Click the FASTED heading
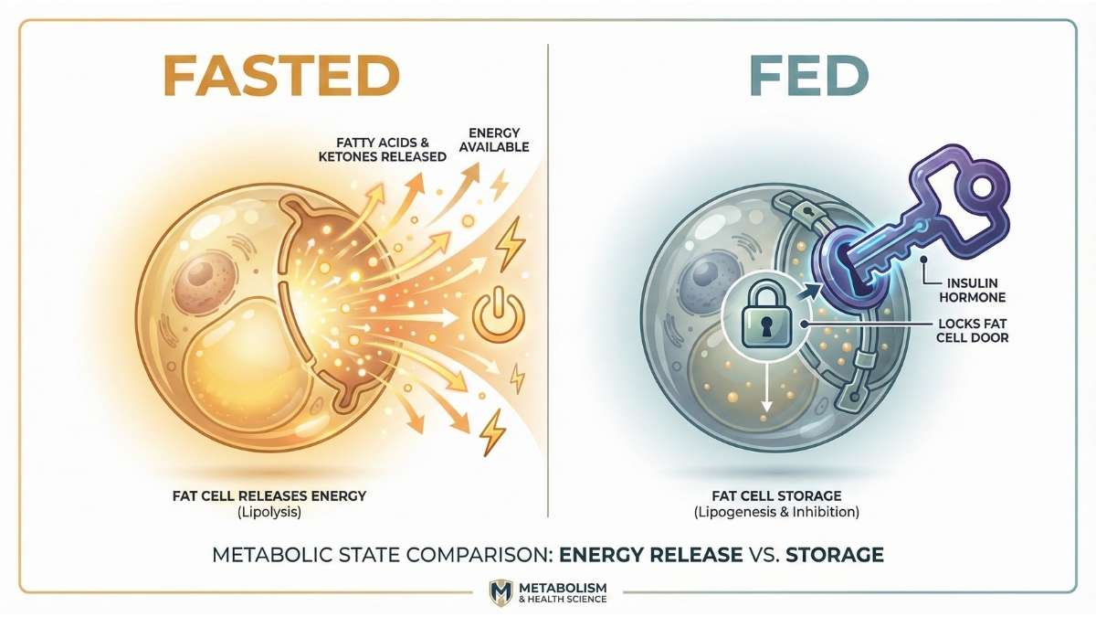[x=281, y=76]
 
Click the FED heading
[x=808, y=76]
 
